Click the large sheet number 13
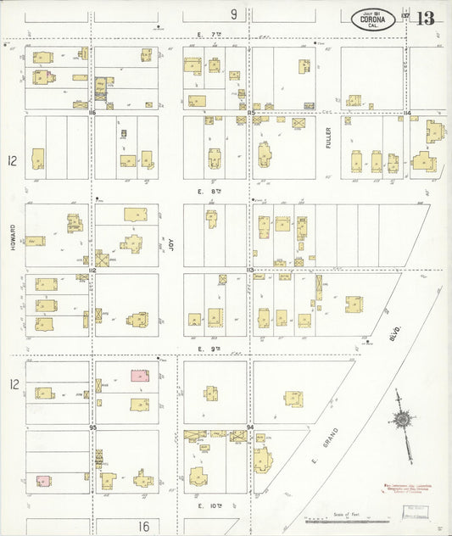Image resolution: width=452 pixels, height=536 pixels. pyautogui.click(x=425, y=18)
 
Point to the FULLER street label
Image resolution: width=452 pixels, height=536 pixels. pyautogui.click(x=328, y=137)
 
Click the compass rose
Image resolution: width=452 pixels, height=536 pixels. pyautogui.click(x=400, y=418)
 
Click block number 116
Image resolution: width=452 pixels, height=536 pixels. pyautogui.click(x=92, y=112)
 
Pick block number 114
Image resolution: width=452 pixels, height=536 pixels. pyautogui.click(x=407, y=112)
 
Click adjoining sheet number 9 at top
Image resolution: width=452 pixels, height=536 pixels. pyautogui.click(x=233, y=14)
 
